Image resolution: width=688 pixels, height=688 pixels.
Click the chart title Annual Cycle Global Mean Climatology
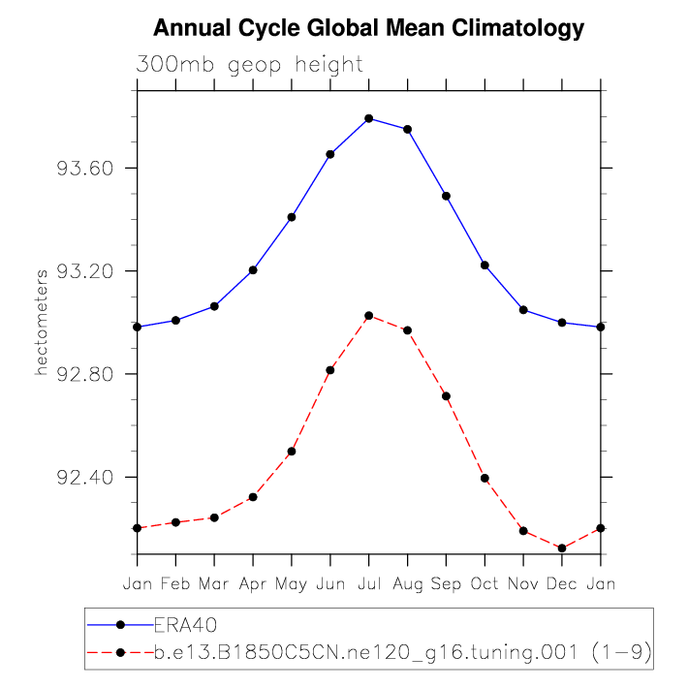(x=369, y=28)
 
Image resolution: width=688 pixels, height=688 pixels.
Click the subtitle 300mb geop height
(x=250, y=66)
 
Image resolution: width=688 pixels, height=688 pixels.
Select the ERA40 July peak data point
(x=369, y=118)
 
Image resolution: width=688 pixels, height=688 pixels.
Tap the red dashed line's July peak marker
(x=369, y=316)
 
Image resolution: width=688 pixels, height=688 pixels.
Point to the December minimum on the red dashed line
(x=562, y=548)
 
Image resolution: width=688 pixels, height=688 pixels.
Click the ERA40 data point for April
(x=253, y=269)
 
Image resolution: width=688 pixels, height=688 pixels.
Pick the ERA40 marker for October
(x=485, y=265)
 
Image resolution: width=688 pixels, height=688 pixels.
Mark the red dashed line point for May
(x=292, y=452)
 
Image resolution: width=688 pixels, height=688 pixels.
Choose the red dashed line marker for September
(x=446, y=396)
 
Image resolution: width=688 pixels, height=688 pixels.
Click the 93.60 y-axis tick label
(x=87, y=169)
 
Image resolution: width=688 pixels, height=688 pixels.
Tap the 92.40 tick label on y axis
(x=87, y=478)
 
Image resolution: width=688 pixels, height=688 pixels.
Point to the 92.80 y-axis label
(x=87, y=375)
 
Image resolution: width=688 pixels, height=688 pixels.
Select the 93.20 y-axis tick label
(x=87, y=271)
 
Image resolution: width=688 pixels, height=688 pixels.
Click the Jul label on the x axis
(x=369, y=584)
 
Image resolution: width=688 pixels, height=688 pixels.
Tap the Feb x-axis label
(x=175, y=584)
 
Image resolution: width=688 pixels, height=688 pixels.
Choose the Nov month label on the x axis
(x=523, y=584)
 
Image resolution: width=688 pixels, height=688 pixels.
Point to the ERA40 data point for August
(x=408, y=129)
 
